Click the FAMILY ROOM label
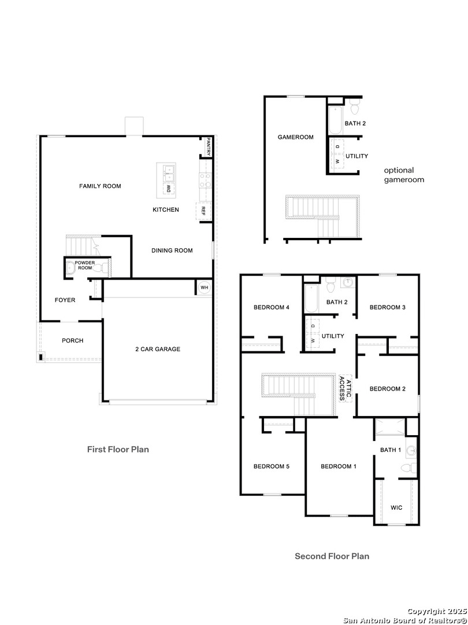(100, 186)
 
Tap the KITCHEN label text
(166, 209)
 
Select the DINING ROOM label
(172, 251)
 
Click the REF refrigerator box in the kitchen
(203, 212)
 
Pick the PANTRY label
(208, 147)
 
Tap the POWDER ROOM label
(84, 265)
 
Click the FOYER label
(65, 300)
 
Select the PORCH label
(73, 341)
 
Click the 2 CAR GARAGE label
(158, 349)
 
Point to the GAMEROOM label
(295, 137)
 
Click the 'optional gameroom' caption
(404, 175)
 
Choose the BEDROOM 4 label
(272, 307)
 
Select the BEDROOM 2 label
(387, 389)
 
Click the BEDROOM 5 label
(271, 466)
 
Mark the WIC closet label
(396, 508)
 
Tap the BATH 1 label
(391, 450)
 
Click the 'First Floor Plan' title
(118, 449)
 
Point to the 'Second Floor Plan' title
(332, 556)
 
